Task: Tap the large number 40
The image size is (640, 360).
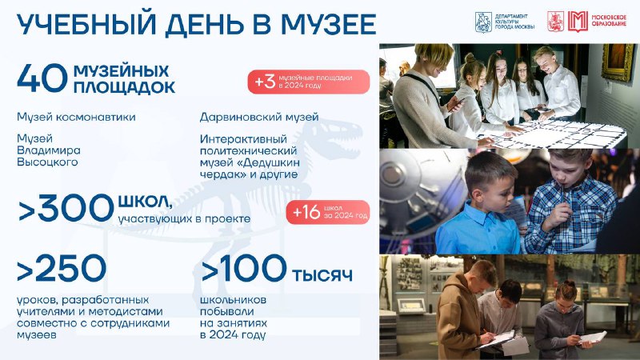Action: (x=42, y=78)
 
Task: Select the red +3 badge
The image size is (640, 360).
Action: (x=309, y=82)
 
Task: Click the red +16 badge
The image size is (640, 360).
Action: (x=328, y=212)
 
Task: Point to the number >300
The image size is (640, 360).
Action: (x=66, y=208)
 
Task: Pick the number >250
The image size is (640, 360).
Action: (x=62, y=268)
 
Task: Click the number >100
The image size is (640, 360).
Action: (x=244, y=268)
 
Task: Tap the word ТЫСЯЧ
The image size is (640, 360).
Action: (x=322, y=276)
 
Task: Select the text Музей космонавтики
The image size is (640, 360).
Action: (x=76, y=117)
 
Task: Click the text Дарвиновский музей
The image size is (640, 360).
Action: (x=259, y=117)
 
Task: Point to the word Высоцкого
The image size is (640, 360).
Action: (x=47, y=162)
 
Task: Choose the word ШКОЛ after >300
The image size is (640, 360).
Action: (x=145, y=201)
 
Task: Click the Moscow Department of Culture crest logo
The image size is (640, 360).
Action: (x=483, y=22)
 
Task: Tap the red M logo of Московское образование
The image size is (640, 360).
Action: (x=578, y=22)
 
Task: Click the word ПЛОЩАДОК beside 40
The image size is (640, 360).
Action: (x=125, y=87)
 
